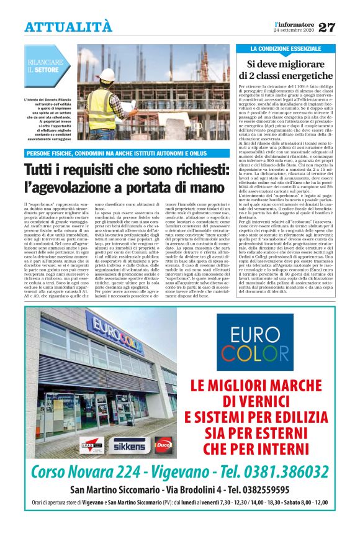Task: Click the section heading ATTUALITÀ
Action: click(68, 27)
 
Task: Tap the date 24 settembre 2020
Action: click(294, 31)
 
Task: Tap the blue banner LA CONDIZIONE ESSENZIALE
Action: click(286, 48)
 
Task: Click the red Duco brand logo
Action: click(163, 445)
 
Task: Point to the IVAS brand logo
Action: click(91, 445)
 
